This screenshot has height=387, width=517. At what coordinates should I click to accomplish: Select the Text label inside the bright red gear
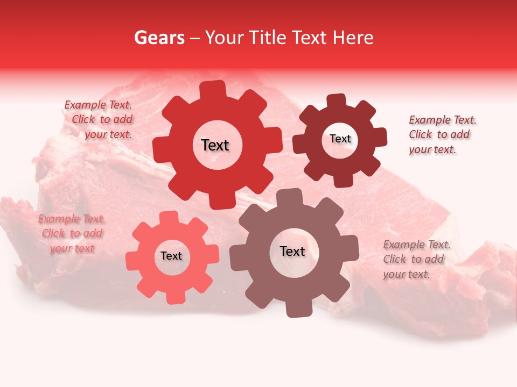tap(215, 145)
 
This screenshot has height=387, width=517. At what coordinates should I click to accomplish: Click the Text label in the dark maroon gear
tap(340, 139)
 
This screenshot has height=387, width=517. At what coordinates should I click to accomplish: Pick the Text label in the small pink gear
tap(171, 256)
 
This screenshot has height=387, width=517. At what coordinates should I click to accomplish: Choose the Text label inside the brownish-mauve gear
tap(292, 251)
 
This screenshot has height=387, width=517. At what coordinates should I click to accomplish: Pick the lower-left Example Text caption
tap(72, 233)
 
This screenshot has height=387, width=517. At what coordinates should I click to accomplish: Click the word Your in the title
tap(223, 38)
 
